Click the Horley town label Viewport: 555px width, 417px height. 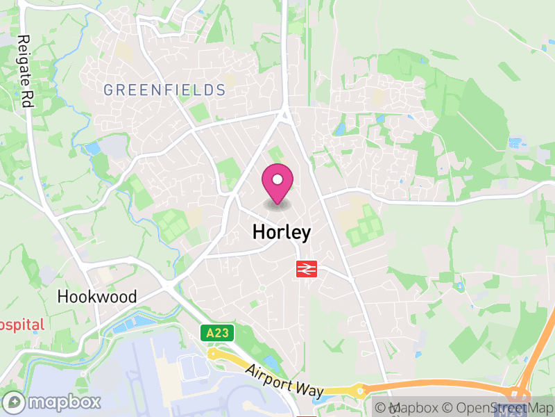[281, 232]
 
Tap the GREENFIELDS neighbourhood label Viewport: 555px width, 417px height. [164, 90]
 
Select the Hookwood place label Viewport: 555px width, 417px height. [97, 297]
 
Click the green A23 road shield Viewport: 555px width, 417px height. [214, 333]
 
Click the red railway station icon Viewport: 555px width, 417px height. [307, 268]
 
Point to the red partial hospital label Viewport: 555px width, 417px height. [22, 324]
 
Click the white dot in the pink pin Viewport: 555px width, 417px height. [277, 179]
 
